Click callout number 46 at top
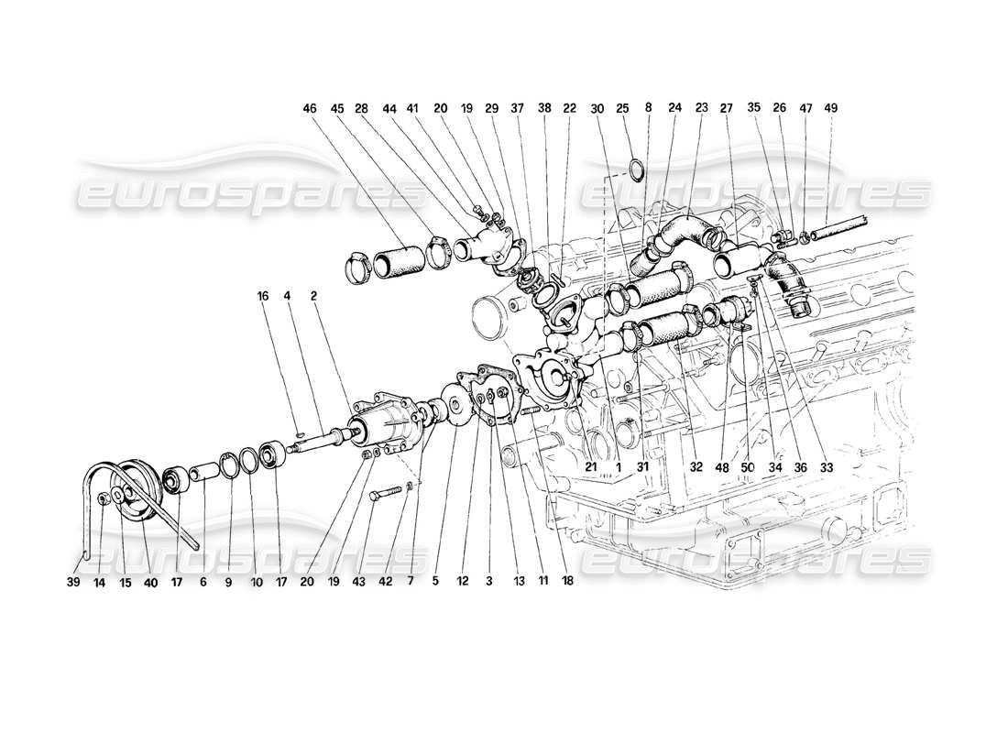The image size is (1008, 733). (309, 108)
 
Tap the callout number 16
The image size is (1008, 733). (263, 296)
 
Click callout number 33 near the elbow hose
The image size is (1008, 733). (827, 466)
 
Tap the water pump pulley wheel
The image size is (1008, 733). (134, 494)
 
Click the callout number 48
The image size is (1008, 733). (722, 466)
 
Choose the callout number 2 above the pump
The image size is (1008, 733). (313, 296)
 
